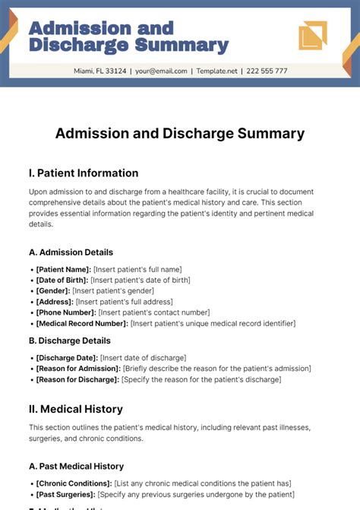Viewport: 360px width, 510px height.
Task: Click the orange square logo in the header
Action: click(x=312, y=36)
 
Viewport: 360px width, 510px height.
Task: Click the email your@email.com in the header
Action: click(x=161, y=71)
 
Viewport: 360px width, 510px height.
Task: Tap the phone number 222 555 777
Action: click(x=267, y=71)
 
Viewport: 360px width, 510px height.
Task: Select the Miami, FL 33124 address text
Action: click(x=100, y=71)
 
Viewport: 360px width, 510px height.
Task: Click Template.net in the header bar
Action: click(x=218, y=71)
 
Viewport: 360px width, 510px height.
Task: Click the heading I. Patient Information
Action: click(x=84, y=173)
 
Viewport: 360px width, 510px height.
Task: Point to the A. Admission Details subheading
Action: click(x=71, y=252)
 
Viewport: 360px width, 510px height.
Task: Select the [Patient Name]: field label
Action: click(x=63, y=269)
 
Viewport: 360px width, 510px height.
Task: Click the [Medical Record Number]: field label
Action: click(x=81, y=324)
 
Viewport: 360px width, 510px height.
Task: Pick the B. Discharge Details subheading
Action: click(x=70, y=341)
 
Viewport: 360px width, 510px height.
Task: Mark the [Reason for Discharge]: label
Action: click(x=77, y=379)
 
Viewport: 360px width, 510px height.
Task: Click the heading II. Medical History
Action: click(x=81, y=409)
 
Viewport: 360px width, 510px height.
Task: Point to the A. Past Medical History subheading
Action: click(x=76, y=466)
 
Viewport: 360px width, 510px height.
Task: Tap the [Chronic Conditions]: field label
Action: click(x=74, y=483)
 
